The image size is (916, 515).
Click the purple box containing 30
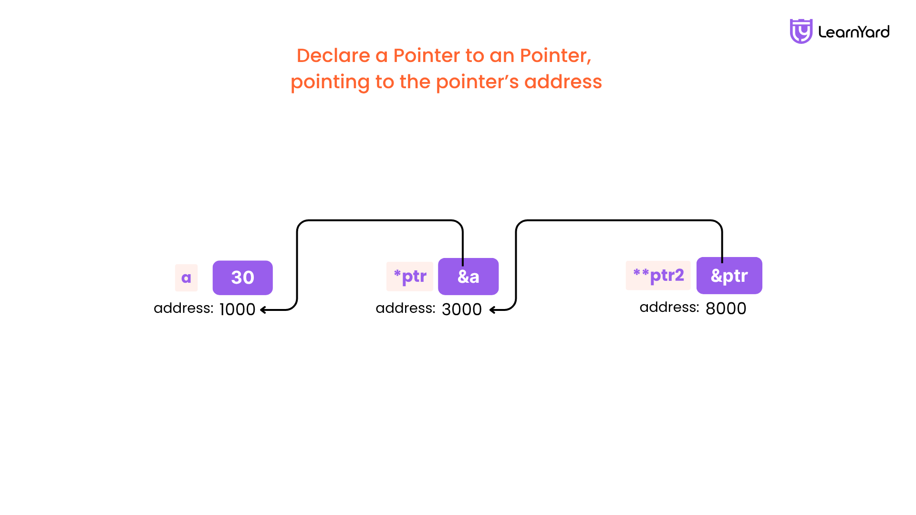pos(242,278)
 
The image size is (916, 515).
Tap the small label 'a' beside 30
pos(186,278)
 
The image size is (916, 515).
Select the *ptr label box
pos(410,277)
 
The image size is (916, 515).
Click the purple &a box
pos(468,277)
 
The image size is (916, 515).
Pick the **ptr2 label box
pos(658,276)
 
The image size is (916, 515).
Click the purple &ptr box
pos(729,276)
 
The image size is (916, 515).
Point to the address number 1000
pos(237,309)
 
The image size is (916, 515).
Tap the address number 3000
pos(461,309)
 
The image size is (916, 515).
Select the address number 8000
pos(726,309)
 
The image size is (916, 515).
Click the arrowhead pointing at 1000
pos(263,310)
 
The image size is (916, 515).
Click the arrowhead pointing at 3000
pos(493,310)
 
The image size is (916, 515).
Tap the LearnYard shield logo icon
pos(801,31)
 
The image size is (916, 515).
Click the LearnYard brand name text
pos(854,32)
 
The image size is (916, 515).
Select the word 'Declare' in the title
pos(333,55)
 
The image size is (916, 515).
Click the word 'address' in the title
pos(563,82)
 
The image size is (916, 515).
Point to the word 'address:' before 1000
pos(183,308)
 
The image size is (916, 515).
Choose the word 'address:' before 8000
pos(669,307)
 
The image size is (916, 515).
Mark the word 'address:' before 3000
pos(406,308)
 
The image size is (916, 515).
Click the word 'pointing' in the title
pos(330,82)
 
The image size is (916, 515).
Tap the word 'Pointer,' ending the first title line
pos(555,55)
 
